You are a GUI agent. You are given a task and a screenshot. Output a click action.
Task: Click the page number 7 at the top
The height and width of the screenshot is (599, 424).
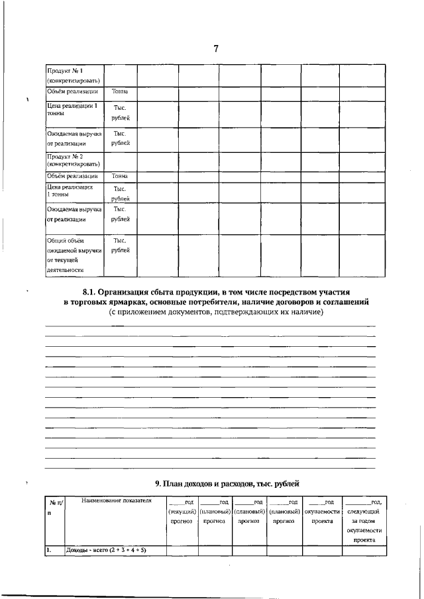[x=216, y=48]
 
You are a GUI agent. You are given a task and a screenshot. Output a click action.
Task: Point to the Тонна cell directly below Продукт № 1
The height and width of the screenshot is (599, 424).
[x=120, y=91]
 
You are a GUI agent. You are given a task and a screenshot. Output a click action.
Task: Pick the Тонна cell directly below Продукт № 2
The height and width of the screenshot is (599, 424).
[x=120, y=176]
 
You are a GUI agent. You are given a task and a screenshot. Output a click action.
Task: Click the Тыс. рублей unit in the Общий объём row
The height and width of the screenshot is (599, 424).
[x=120, y=246]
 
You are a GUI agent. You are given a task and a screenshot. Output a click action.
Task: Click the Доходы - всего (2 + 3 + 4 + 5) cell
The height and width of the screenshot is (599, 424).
[x=106, y=550]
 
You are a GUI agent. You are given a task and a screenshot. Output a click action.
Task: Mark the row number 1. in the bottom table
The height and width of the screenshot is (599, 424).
[x=49, y=550]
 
